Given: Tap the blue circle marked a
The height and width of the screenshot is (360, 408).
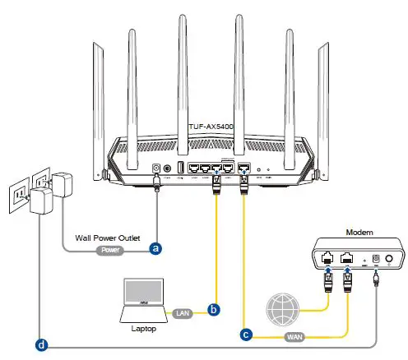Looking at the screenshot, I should coord(154,246).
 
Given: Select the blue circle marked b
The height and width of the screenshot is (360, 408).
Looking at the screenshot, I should coord(215,310).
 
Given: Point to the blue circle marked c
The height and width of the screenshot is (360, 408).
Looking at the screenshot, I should coord(245,333).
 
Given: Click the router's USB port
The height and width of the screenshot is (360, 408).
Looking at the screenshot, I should coord(180,169).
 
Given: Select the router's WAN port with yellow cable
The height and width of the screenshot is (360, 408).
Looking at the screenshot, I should coord(244,169).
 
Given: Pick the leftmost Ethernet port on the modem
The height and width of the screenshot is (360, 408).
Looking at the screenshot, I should coord(327,257).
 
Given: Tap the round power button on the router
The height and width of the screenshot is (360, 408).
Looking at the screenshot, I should coord(169,169).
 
